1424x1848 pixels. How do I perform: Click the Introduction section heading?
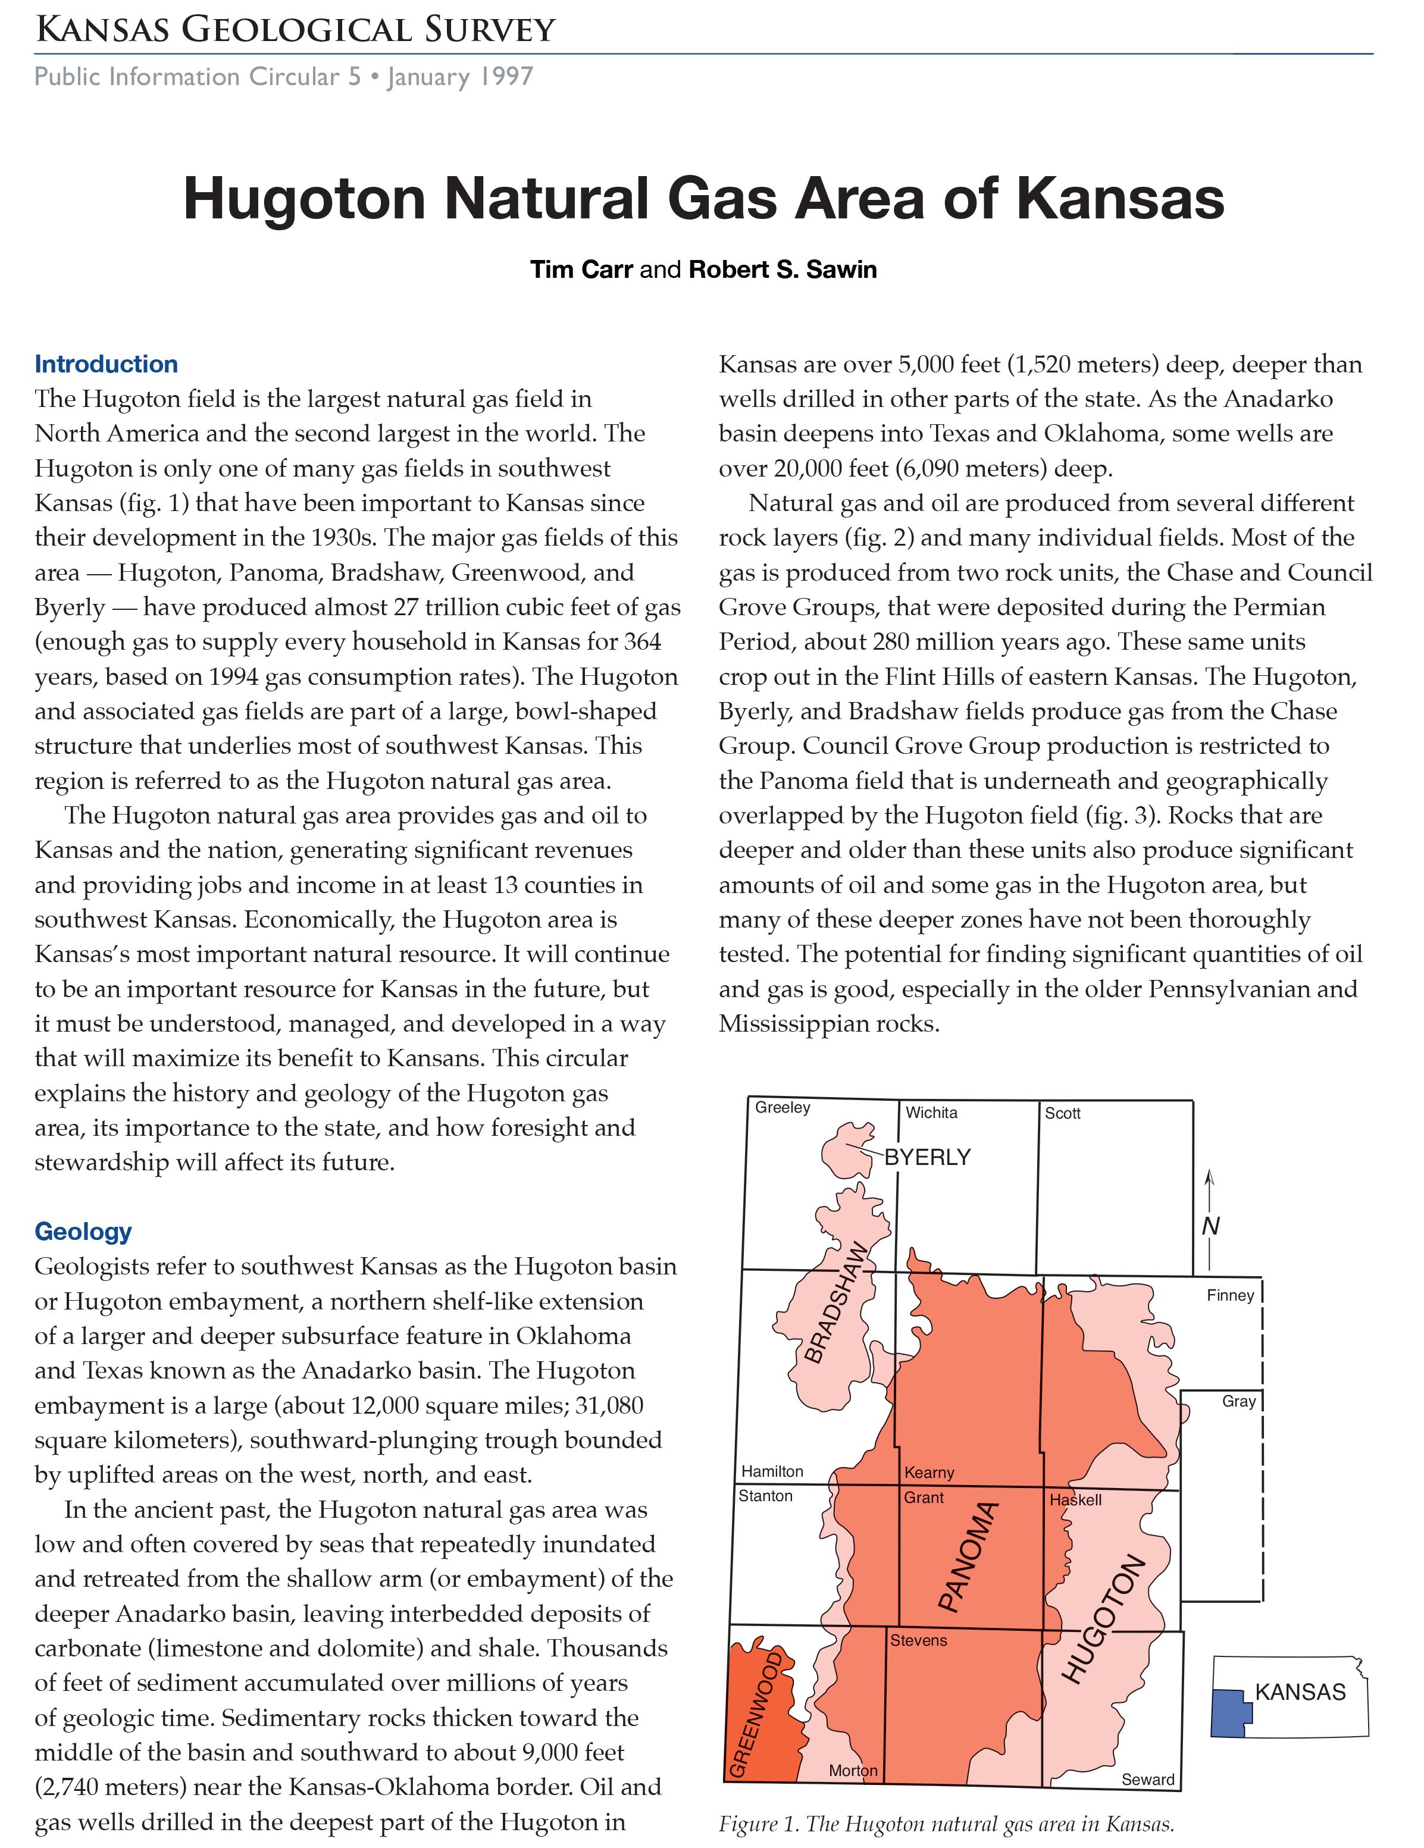(x=106, y=364)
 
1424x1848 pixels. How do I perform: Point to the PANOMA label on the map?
(x=969, y=1557)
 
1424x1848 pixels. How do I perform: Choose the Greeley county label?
(x=782, y=1108)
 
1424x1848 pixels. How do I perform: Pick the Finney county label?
(x=1229, y=1295)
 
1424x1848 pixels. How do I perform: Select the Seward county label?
(x=1147, y=1780)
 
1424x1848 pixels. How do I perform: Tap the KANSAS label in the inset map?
(x=1300, y=1692)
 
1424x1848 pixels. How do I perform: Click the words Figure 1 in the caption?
(x=758, y=1824)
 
